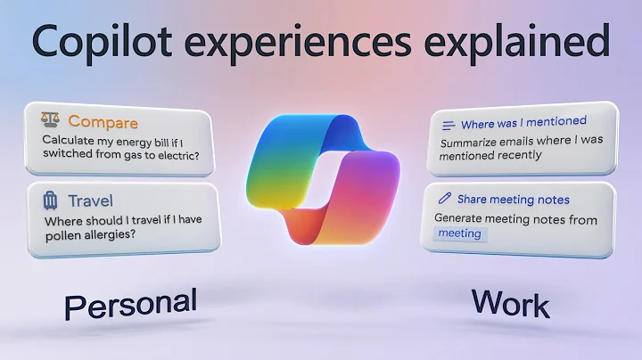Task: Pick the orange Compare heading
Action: (103, 121)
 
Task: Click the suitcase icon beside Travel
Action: (50, 201)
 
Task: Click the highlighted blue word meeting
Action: (459, 233)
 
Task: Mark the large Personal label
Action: (130, 306)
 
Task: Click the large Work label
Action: (510, 304)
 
